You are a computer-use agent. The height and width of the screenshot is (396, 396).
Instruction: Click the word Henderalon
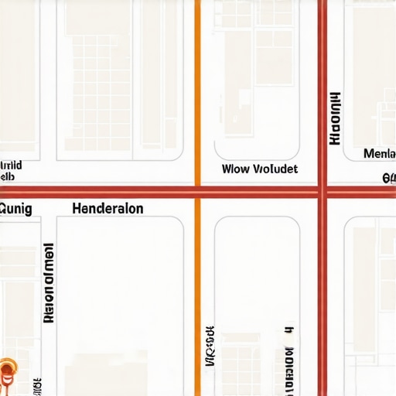tap(107, 209)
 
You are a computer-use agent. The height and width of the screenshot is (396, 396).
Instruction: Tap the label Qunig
tap(15, 209)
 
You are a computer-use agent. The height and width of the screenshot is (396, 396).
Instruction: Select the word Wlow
tap(235, 169)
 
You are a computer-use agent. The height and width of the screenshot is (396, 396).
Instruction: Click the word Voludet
tap(275, 169)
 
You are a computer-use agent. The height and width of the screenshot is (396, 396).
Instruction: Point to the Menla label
tap(379, 154)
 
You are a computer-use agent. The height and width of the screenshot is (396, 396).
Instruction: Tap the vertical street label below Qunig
tap(48, 283)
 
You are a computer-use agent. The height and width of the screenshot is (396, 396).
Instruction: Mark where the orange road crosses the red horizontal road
tap(197, 192)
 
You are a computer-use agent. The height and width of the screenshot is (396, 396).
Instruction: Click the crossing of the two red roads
tap(323, 192)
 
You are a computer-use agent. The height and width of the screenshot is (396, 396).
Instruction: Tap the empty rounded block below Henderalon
tap(120, 294)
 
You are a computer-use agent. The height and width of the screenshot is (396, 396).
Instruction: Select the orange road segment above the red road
tap(197, 93)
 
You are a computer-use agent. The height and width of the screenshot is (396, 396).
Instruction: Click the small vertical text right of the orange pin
tap(36, 385)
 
